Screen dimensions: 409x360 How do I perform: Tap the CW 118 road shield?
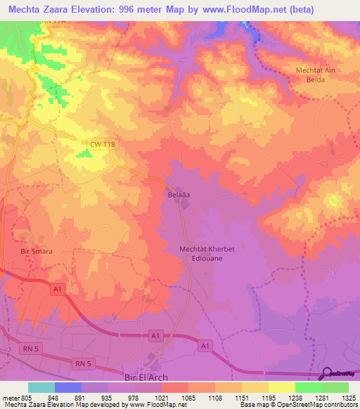click(102, 144)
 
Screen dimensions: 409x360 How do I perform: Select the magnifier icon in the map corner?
click(326, 373)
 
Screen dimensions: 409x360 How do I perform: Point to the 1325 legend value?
click(349, 397)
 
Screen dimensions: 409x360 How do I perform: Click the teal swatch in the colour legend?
click(41, 387)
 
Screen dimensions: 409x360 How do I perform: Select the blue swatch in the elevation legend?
click(68, 387)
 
